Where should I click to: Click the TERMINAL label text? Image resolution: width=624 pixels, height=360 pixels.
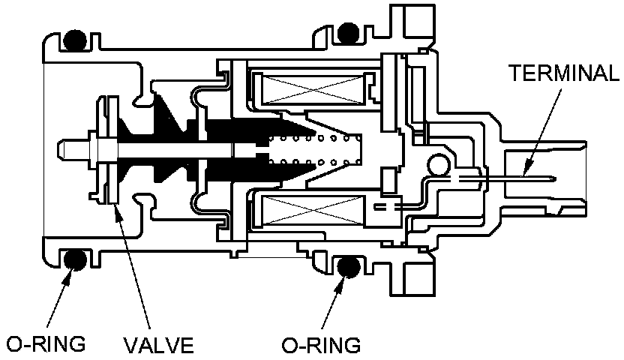563,73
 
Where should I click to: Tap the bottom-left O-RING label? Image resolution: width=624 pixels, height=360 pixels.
46,344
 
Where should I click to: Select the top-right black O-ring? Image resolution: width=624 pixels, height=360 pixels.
347,32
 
